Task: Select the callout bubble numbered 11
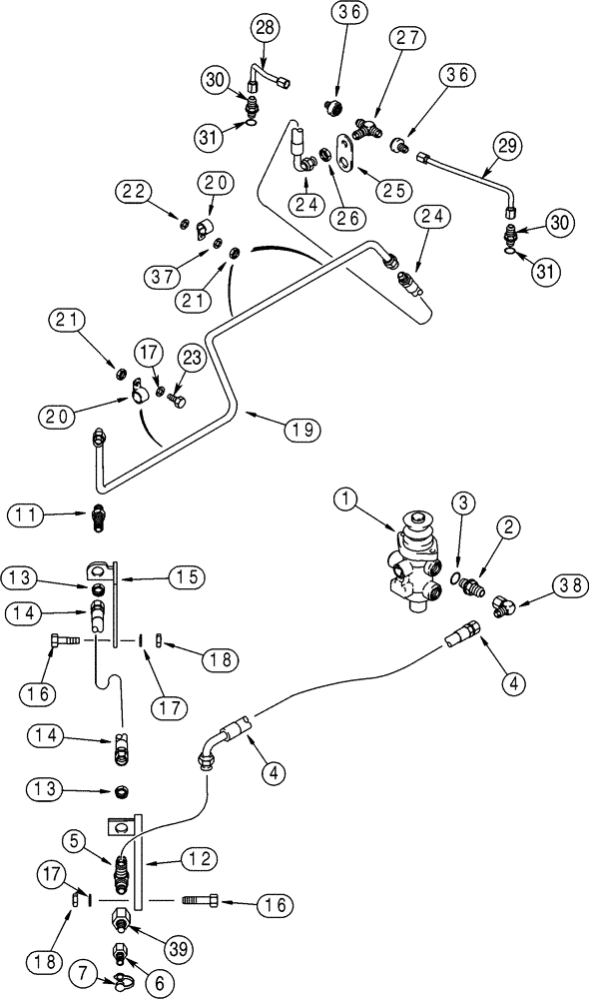tap(27, 515)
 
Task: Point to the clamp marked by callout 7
tap(119, 982)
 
